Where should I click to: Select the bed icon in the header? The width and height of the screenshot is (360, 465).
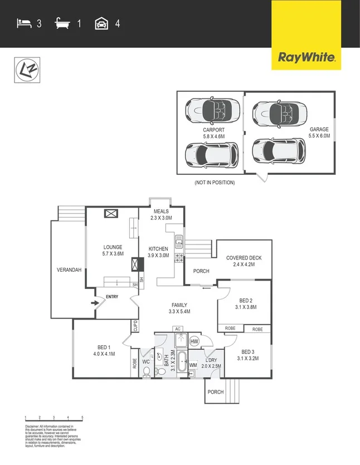tap(24, 23)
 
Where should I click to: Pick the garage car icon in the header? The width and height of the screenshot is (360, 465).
tap(101, 23)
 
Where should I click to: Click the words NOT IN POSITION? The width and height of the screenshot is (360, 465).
tap(215, 183)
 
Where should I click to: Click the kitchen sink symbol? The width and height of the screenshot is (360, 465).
tap(179, 242)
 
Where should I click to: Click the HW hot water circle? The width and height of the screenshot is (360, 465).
tap(194, 341)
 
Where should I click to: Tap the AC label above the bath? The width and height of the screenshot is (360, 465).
tap(178, 329)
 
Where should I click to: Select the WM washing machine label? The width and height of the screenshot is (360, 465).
tap(193, 365)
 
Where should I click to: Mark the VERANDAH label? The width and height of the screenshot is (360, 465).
tap(69, 270)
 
